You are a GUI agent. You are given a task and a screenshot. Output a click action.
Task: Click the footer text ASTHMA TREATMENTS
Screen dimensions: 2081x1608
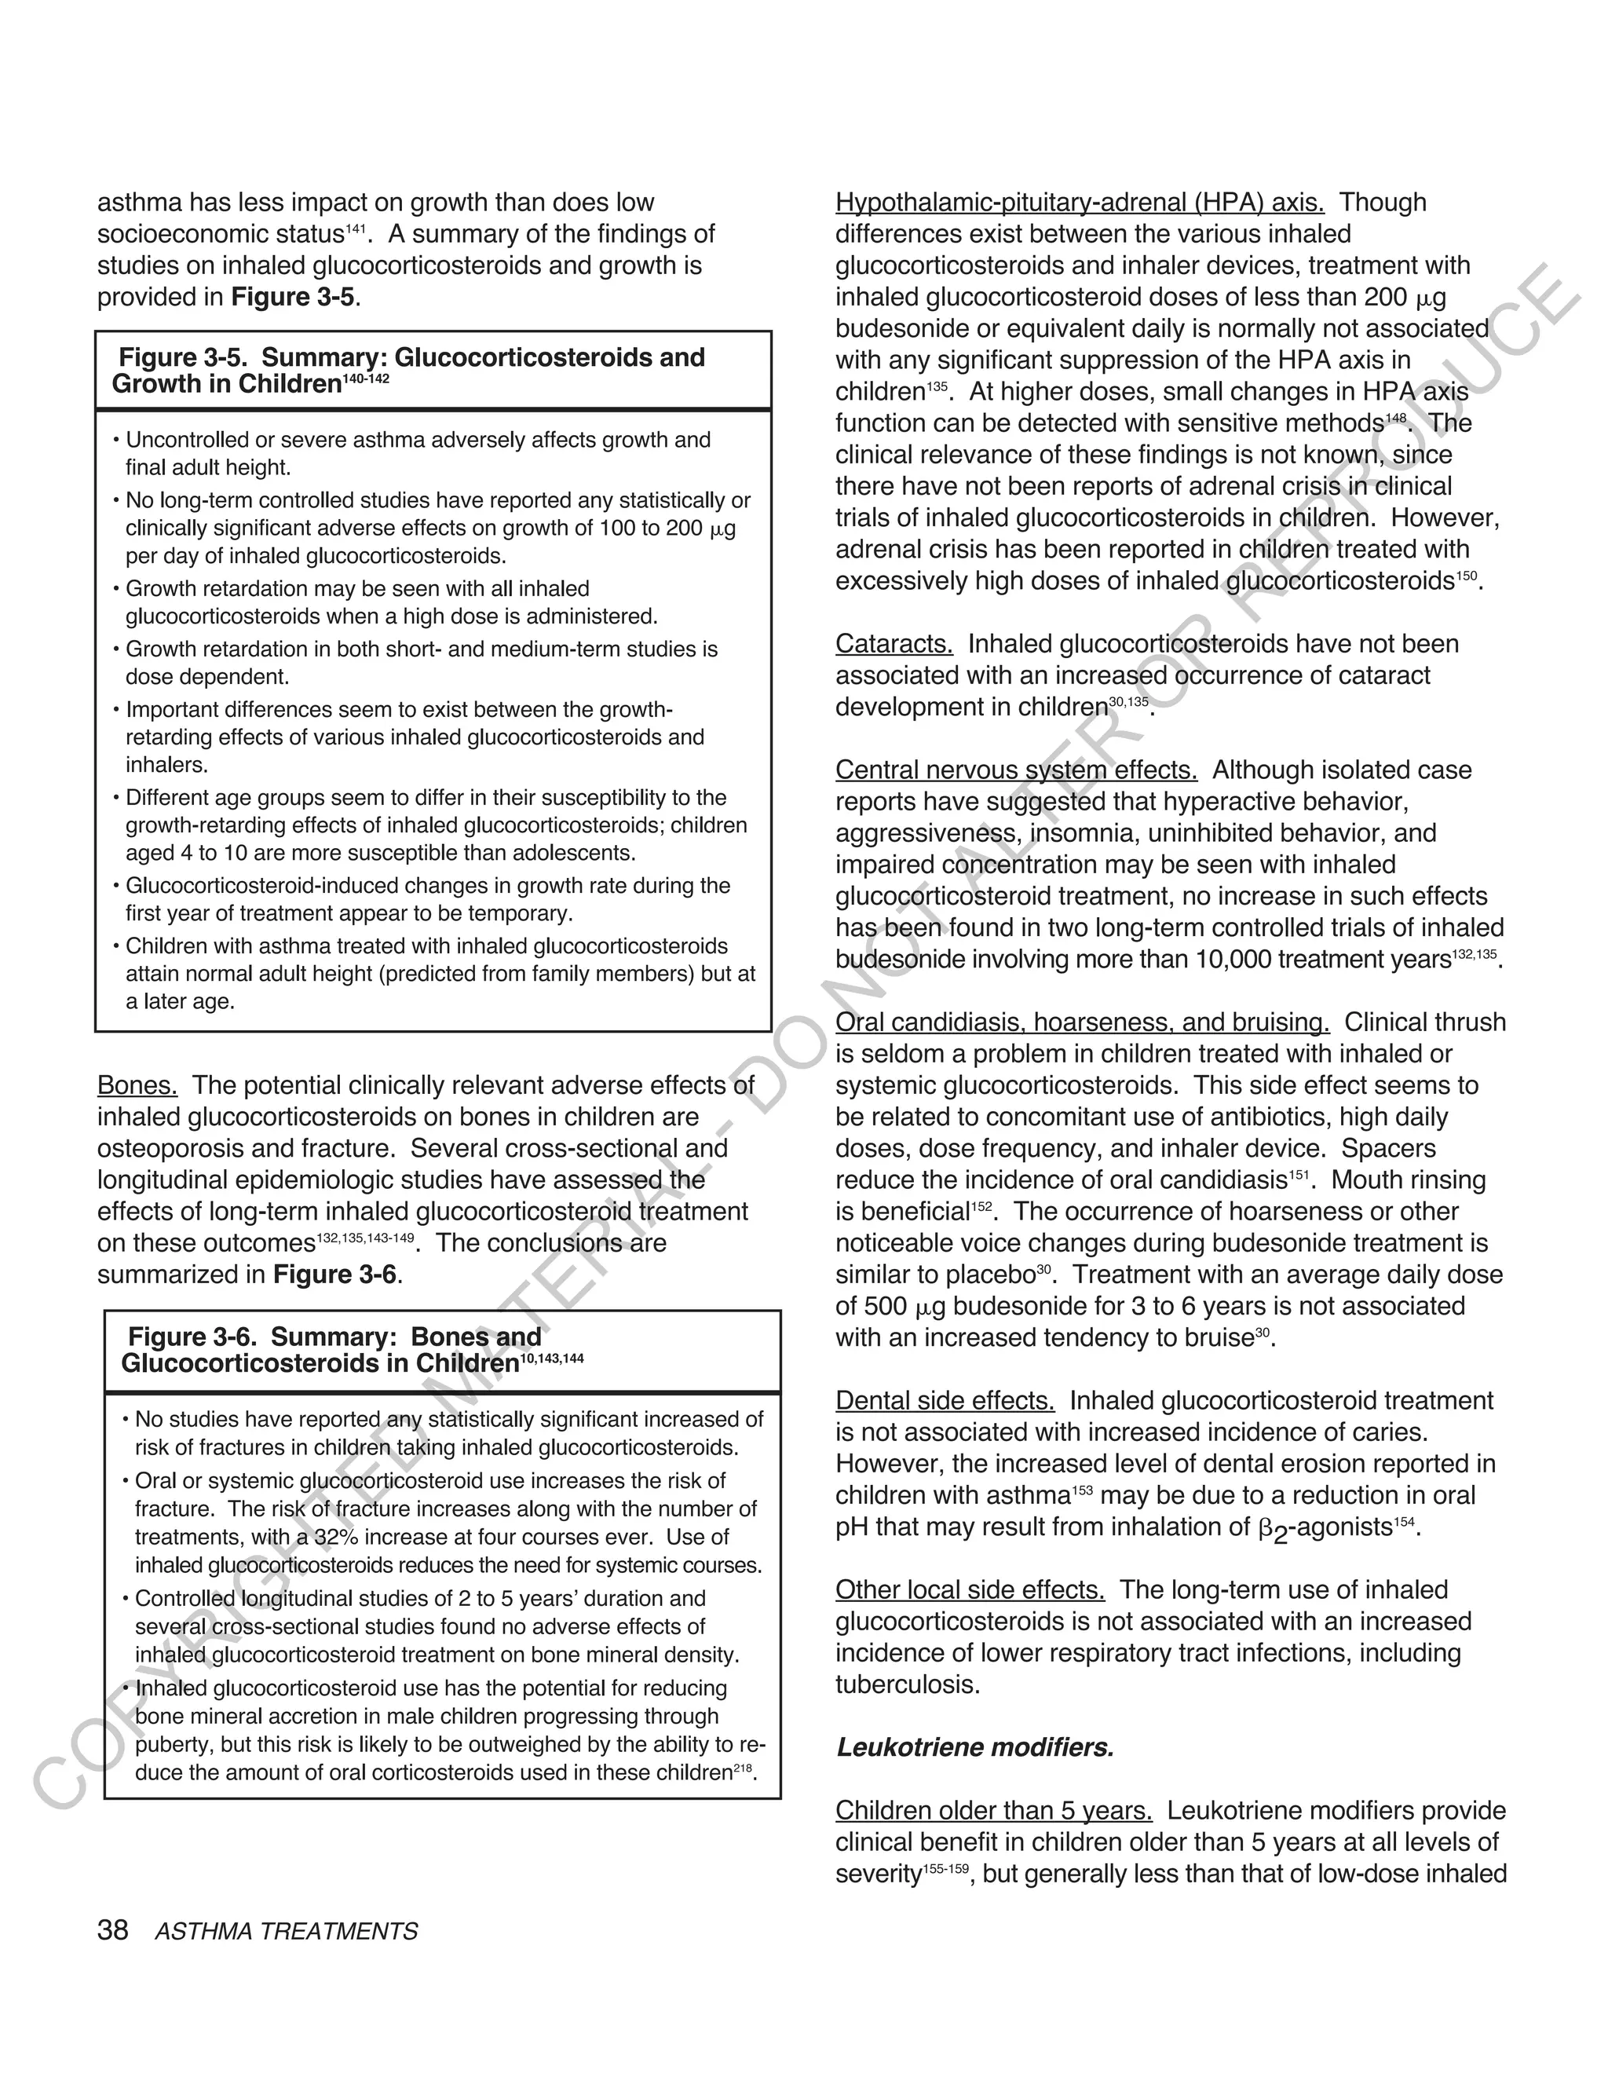pyautogui.click(x=286, y=1932)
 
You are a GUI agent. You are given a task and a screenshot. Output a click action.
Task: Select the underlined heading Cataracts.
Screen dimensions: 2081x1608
pyautogui.click(x=894, y=644)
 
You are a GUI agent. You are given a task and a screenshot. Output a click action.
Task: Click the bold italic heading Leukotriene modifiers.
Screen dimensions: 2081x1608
pyautogui.click(x=974, y=1747)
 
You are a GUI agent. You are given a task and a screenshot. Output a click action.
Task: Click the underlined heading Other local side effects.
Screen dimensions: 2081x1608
pyautogui.click(x=970, y=1589)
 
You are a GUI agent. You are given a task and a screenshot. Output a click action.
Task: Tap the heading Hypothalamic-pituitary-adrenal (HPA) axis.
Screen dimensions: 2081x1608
pyautogui.click(x=1080, y=203)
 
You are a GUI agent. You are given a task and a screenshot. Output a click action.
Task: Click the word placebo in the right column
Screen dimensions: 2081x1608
pyautogui.click(x=990, y=1275)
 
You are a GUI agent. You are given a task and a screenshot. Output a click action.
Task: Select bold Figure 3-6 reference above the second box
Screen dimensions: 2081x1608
pyautogui.click(x=334, y=1275)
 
